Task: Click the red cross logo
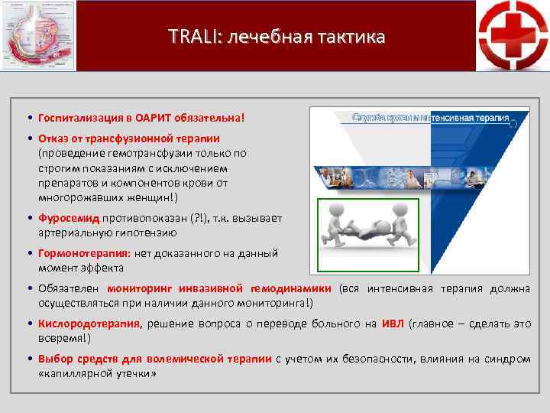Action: (x=513, y=35)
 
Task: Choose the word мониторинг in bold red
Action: (x=141, y=288)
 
